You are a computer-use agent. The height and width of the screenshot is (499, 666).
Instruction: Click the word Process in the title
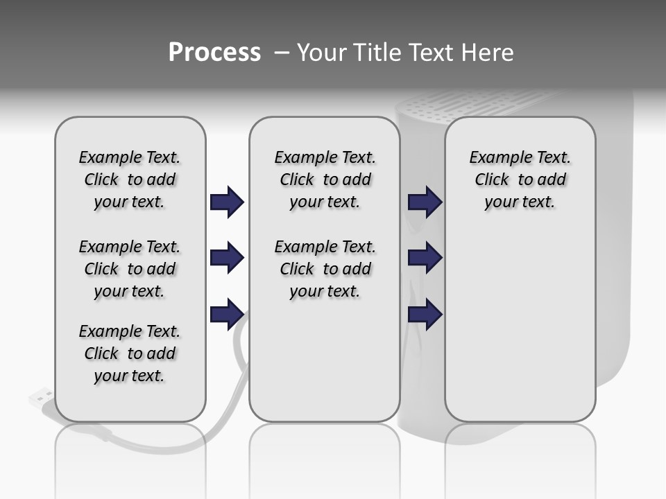(214, 53)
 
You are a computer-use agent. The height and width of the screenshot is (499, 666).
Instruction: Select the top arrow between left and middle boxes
(227, 202)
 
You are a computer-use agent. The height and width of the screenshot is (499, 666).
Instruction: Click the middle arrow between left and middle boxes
(227, 258)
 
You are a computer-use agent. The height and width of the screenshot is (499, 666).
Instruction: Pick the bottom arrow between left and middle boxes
(227, 314)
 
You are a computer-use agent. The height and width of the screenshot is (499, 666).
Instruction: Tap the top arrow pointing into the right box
(425, 202)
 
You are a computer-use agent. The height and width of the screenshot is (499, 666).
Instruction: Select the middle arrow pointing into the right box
(425, 258)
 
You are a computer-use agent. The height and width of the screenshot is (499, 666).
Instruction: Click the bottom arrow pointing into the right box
(425, 314)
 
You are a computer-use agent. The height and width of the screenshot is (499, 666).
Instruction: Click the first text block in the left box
(130, 180)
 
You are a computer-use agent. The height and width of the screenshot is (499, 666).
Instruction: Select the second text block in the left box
(130, 269)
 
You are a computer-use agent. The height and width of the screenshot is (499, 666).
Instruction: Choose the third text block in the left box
(130, 353)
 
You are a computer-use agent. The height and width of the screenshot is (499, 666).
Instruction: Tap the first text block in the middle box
(325, 180)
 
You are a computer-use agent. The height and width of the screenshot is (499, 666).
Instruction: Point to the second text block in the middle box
(325, 269)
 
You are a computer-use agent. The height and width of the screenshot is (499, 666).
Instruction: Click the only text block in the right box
(520, 180)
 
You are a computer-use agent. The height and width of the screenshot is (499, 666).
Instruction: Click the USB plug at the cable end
(41, 398)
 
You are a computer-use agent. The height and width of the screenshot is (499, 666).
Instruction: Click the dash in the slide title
(280, 53)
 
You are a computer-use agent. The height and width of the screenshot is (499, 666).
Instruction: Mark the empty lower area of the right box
(520, 333)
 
